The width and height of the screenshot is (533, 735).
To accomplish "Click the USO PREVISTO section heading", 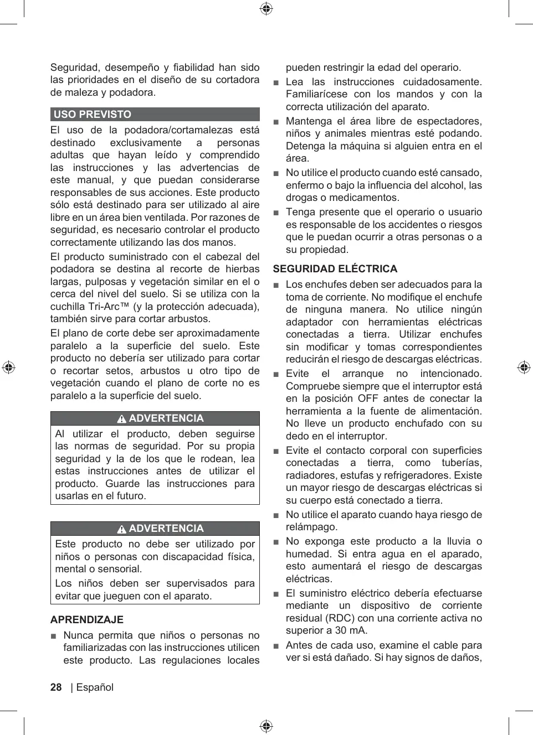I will (x=93, y=115).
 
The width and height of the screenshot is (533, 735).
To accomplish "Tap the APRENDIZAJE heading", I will (x=87, y=619).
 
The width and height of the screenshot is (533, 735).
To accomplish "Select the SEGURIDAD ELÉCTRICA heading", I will (x=335, y=269).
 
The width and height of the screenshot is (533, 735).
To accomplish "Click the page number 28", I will (x=56, y=687).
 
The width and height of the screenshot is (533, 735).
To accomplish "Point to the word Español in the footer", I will (x=95, y=687).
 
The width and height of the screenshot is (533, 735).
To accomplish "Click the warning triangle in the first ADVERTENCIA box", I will (x=122, y=419).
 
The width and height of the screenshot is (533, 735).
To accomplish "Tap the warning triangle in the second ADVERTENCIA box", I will (x=122, y=529).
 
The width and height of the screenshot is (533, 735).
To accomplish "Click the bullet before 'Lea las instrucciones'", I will (x=276, y=82).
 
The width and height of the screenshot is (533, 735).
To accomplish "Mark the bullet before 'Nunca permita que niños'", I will (x=54, y=636).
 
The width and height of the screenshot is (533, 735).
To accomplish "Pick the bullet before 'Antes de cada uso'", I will (x=276, y=646).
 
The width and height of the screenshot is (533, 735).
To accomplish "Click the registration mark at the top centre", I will (x=266, y=8).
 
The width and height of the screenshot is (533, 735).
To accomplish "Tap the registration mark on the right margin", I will (x=524, y=367).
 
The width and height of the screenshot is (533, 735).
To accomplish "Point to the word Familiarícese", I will (x=316, y=94).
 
